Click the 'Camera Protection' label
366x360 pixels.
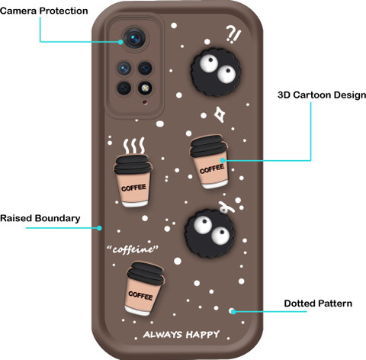tap(44, 11)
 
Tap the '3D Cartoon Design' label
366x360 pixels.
tap(322, 95)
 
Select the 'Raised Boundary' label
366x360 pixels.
tap(40, 218)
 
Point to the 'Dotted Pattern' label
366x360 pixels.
tap(318, 304)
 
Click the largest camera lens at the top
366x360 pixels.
tap(134, 39)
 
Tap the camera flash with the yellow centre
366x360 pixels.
tap(145, 88)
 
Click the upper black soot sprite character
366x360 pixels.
tap(216, 72)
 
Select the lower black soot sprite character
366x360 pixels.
tap(210, 233)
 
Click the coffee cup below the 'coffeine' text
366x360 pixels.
tap(144, 288)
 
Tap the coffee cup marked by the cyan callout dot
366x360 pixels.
tap(209, 162)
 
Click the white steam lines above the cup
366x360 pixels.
tap(134, 146)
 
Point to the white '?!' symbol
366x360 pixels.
tap(233, 34)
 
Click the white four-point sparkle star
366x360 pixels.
tap(219, 114)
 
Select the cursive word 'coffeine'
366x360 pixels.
tap(133, 249)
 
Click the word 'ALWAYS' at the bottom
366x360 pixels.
tap(163, 335)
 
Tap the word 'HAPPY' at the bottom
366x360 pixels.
tap(203, 335)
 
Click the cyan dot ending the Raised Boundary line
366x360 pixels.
tap(99, 228)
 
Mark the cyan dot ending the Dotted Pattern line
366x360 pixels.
tap(233, 311)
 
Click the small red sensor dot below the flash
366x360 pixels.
tap(145, 102)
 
